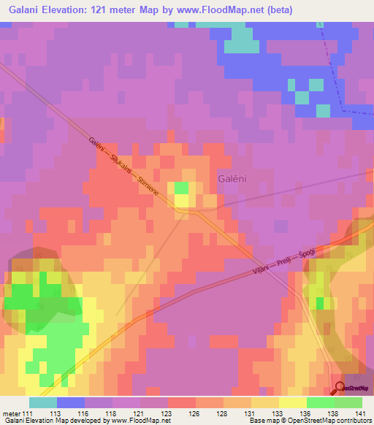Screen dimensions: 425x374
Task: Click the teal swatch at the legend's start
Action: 43,402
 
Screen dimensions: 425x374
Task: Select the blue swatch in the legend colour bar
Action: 71,402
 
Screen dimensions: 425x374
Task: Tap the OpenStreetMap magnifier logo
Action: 339,388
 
